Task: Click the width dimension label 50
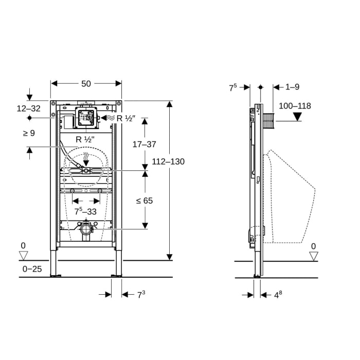point(86,83)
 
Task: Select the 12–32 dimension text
point(28,109)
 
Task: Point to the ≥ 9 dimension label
point(29,133)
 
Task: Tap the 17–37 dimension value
point(144,145)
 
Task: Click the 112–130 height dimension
point(168,161)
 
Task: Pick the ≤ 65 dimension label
point(145,201)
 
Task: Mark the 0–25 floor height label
point(32,269)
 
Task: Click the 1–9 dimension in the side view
point(293,87)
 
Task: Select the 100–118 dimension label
point(295,106)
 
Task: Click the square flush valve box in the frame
point(86,118)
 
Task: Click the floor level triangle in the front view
point(23,256)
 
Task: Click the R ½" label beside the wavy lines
point(125,118)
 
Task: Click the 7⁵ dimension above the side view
point(233,87)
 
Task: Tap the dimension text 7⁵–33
point(86,211)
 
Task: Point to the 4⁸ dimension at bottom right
point(279,295)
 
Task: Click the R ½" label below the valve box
point(85,139)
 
